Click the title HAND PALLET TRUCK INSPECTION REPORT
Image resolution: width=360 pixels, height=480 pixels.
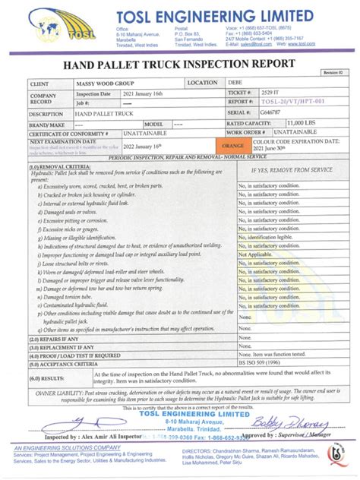pos(179,66)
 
